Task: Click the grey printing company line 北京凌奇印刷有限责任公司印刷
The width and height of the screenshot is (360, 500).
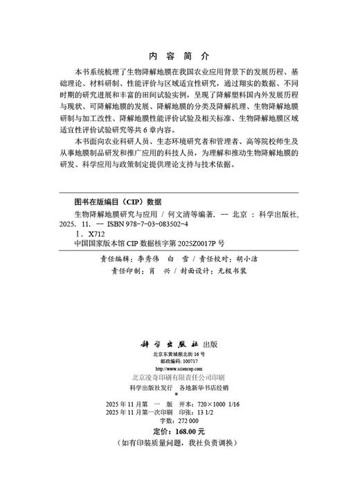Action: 179,378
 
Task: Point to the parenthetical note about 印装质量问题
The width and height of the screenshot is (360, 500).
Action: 179,442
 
